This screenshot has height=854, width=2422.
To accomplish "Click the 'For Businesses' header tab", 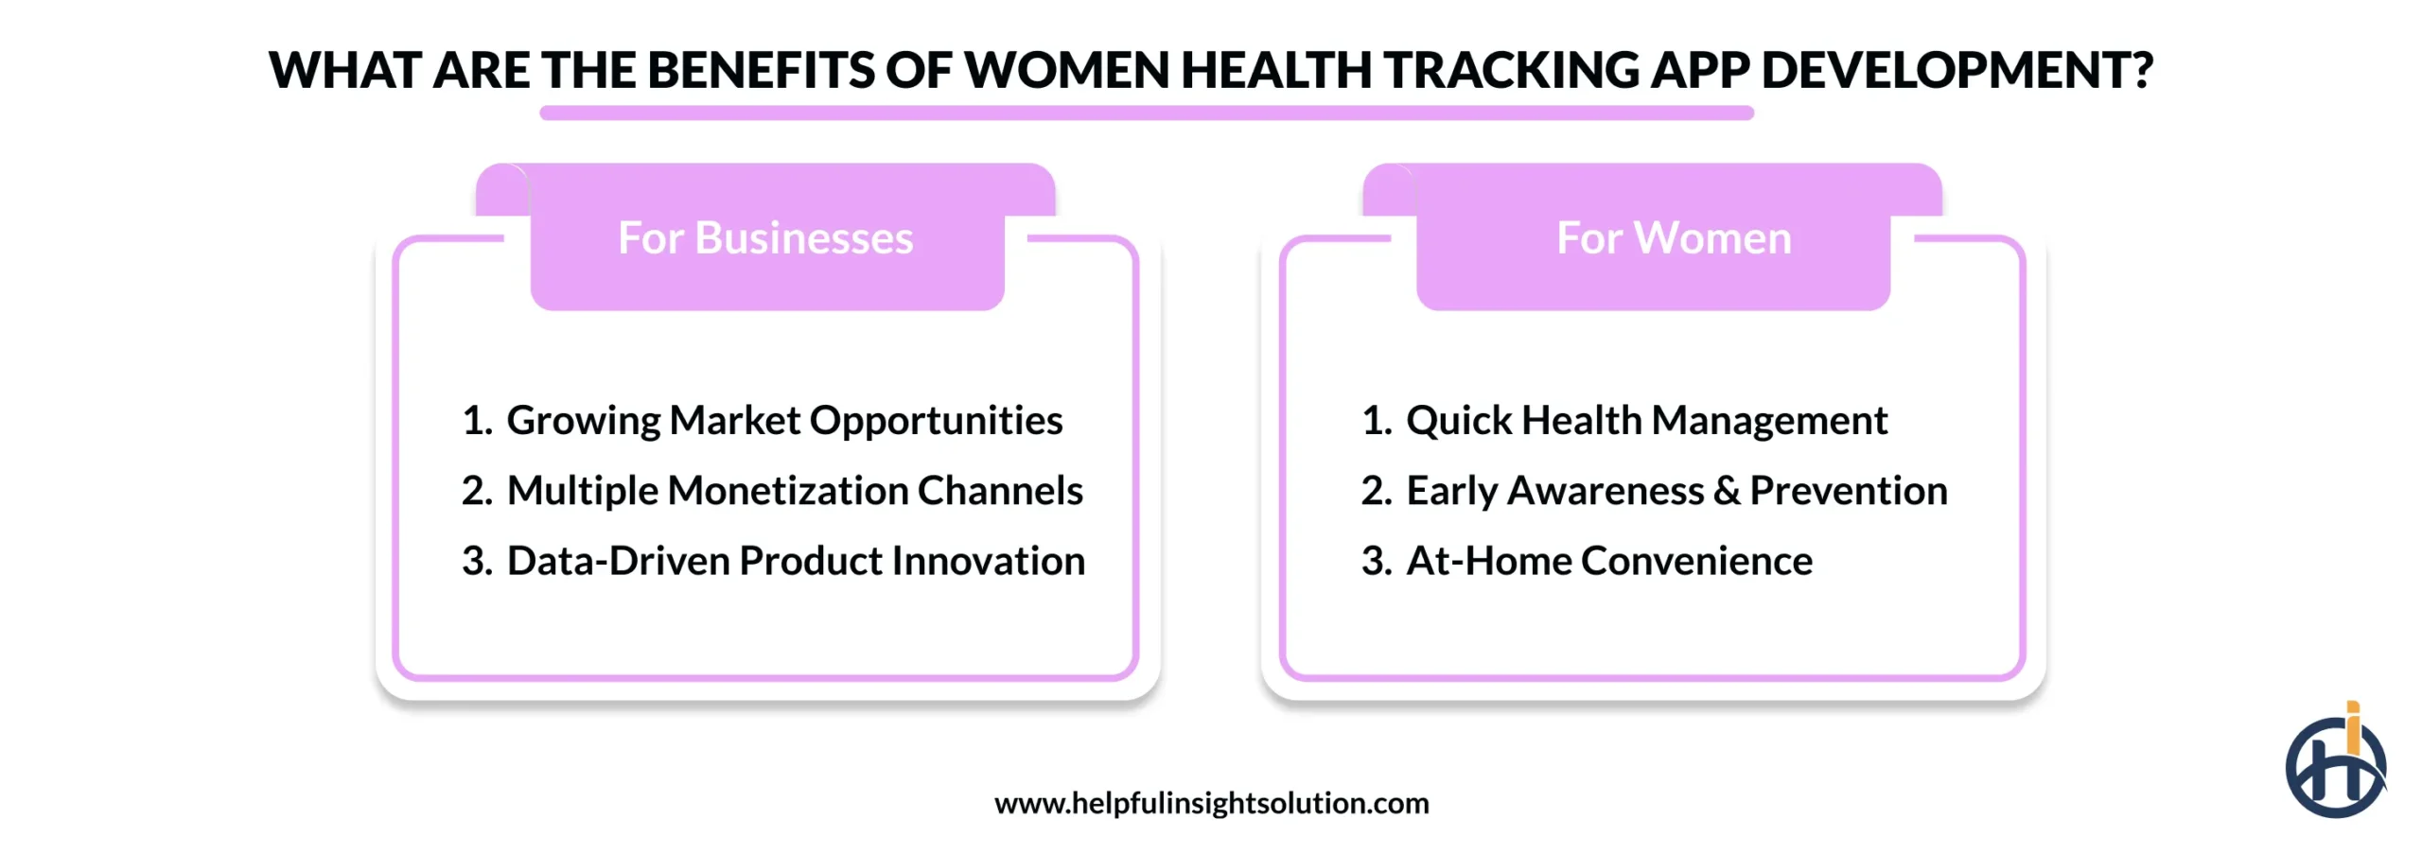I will point(765,238).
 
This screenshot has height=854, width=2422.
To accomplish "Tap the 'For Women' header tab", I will point(1673,238).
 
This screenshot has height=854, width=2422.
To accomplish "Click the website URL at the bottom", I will point(1211,803).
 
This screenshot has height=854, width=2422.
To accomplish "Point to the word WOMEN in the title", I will point(1067,70).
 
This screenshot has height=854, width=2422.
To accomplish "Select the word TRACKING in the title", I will point(1511,70).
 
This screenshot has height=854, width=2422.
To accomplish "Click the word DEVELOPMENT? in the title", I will point(1957,70).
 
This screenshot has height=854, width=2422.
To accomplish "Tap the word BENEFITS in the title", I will point(761,70).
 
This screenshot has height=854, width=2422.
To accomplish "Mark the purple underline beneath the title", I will point(1146,113).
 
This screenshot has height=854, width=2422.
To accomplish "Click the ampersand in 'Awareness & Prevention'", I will point(1726,491).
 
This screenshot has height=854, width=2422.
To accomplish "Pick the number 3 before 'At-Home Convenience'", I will point(1374,561).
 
